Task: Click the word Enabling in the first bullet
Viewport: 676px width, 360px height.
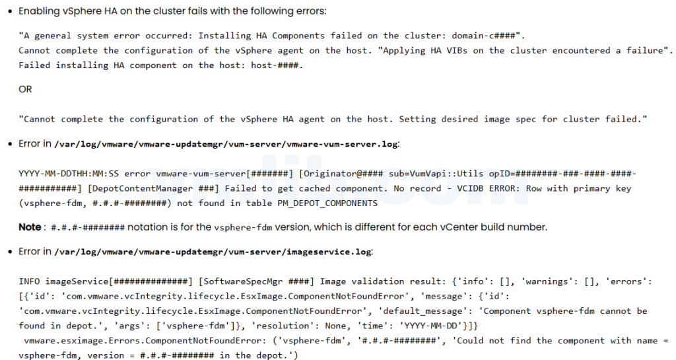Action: [40, 11]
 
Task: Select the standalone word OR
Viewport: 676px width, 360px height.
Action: [25, 89]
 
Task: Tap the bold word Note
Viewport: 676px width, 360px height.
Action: [30, 227]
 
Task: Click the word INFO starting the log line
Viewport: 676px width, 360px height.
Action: [29, 282]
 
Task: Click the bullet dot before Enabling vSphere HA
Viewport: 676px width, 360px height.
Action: [9, 12]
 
